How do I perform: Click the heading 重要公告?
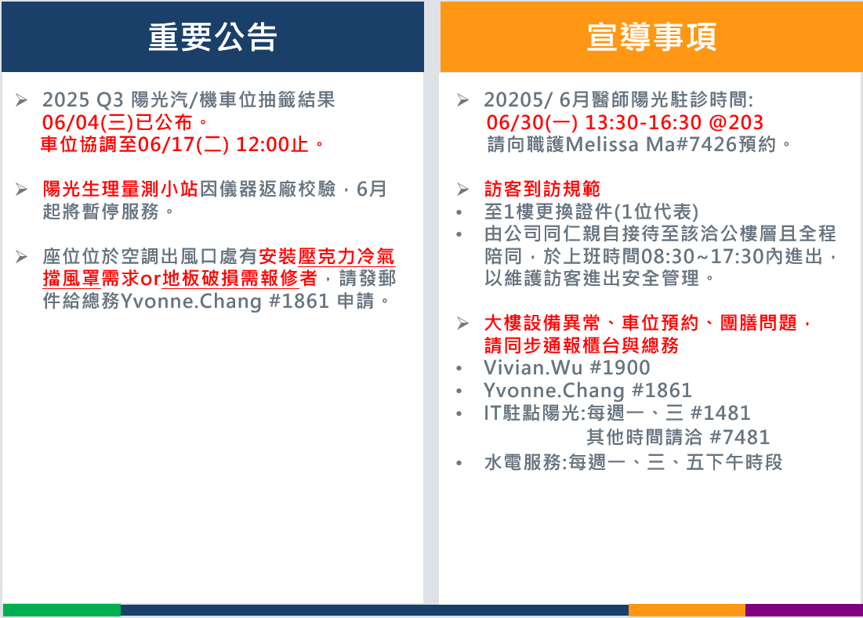coord(212,37)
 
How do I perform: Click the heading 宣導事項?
coord(651,37)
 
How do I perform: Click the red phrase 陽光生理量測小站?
coord(121,189)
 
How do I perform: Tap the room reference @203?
coord(737,122)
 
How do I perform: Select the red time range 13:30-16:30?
coord(643,122)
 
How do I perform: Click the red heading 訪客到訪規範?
coord(542,189)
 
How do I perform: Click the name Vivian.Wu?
coord(533,367)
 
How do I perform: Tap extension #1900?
coord(620,367)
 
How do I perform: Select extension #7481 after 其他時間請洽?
coord(740,437)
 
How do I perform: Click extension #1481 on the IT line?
coord(720,413)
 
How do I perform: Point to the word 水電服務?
coord(523,462)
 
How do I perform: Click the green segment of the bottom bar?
coord(62,609)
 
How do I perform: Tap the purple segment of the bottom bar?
coord(804,609)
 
